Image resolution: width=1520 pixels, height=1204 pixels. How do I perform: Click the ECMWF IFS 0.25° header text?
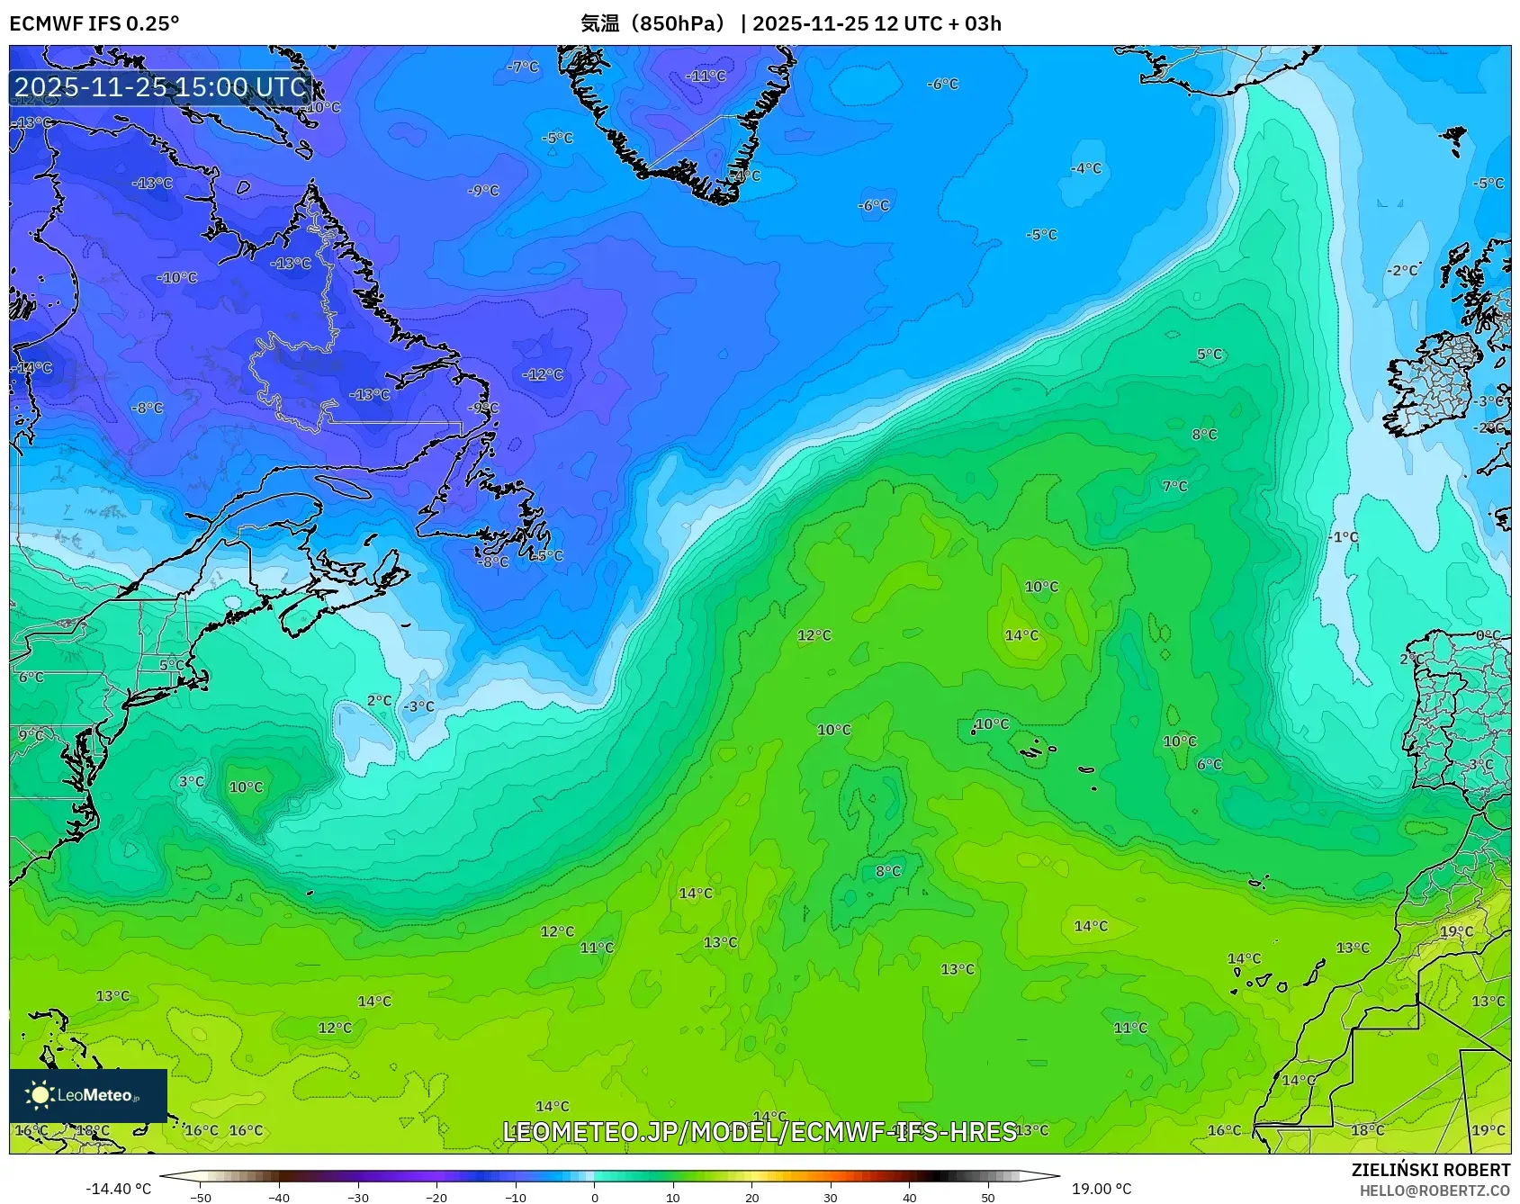click(94, 23)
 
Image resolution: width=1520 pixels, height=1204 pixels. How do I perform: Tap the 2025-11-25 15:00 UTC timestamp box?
click(160, 87)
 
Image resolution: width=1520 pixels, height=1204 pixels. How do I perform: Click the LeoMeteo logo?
click(87, 1095)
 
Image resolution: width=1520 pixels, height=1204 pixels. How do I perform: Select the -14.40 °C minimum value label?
click(118, 1189)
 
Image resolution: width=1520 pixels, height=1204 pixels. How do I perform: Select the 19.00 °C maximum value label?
click(1101, 1189)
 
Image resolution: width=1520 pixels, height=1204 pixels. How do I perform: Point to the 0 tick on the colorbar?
click(594, 1197)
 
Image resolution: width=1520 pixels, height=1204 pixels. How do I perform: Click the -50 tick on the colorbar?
click(201, 1197)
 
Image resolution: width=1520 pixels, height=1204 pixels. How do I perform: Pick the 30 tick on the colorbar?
click(831, 1197)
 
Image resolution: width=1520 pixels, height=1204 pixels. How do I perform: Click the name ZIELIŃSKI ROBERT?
click(1430, 1170)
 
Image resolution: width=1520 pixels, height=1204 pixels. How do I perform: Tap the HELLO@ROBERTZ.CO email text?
click(1435, 1191)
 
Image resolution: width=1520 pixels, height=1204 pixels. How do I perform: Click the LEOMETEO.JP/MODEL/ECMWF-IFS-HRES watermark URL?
click(759, 1131)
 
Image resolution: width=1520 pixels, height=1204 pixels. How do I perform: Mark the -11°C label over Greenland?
click(706, 76)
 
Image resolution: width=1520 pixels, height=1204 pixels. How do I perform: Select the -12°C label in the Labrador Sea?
click(543, 374)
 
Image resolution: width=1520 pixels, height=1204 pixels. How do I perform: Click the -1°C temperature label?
click(1344, 537)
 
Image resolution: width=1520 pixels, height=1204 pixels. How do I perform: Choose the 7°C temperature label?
click(1174, 487)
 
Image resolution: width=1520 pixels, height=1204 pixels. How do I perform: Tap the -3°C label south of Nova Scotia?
click(418, 706)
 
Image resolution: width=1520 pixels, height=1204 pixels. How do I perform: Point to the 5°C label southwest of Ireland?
click(1210, 355)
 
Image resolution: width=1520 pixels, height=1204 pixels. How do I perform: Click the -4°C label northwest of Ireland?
click(1085, 168)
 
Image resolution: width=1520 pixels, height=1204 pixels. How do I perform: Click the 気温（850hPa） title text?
click(653, 23)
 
